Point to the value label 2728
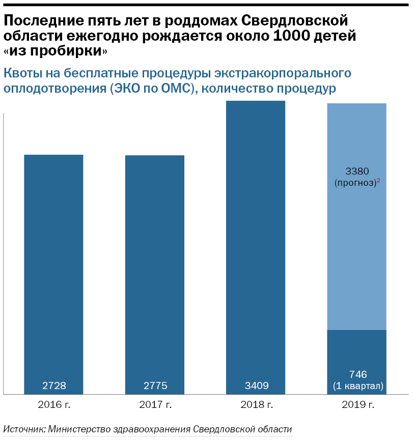tap(53, 386)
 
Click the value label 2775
tap(155, 386)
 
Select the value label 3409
tap(256, 386)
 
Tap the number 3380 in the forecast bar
tap(356, 171)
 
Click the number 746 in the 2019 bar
tap(356, 374)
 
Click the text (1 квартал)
tap(356, 386)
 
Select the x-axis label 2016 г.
tap(53, 405)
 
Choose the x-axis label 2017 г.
tap(155, 405)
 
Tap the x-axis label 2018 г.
tap(256, 405)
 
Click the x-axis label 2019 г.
tap(356, 405)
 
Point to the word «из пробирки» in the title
tap(56, 51)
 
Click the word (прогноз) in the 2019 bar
tap(354, 183)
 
